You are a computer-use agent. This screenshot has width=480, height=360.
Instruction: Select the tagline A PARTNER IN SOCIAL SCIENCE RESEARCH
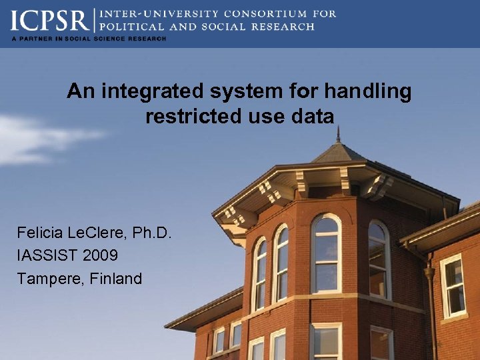pyautogui.click(x=88, y=39)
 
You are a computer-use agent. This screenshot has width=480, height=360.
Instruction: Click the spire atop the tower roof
pyautogui.click(x=338, y=135)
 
